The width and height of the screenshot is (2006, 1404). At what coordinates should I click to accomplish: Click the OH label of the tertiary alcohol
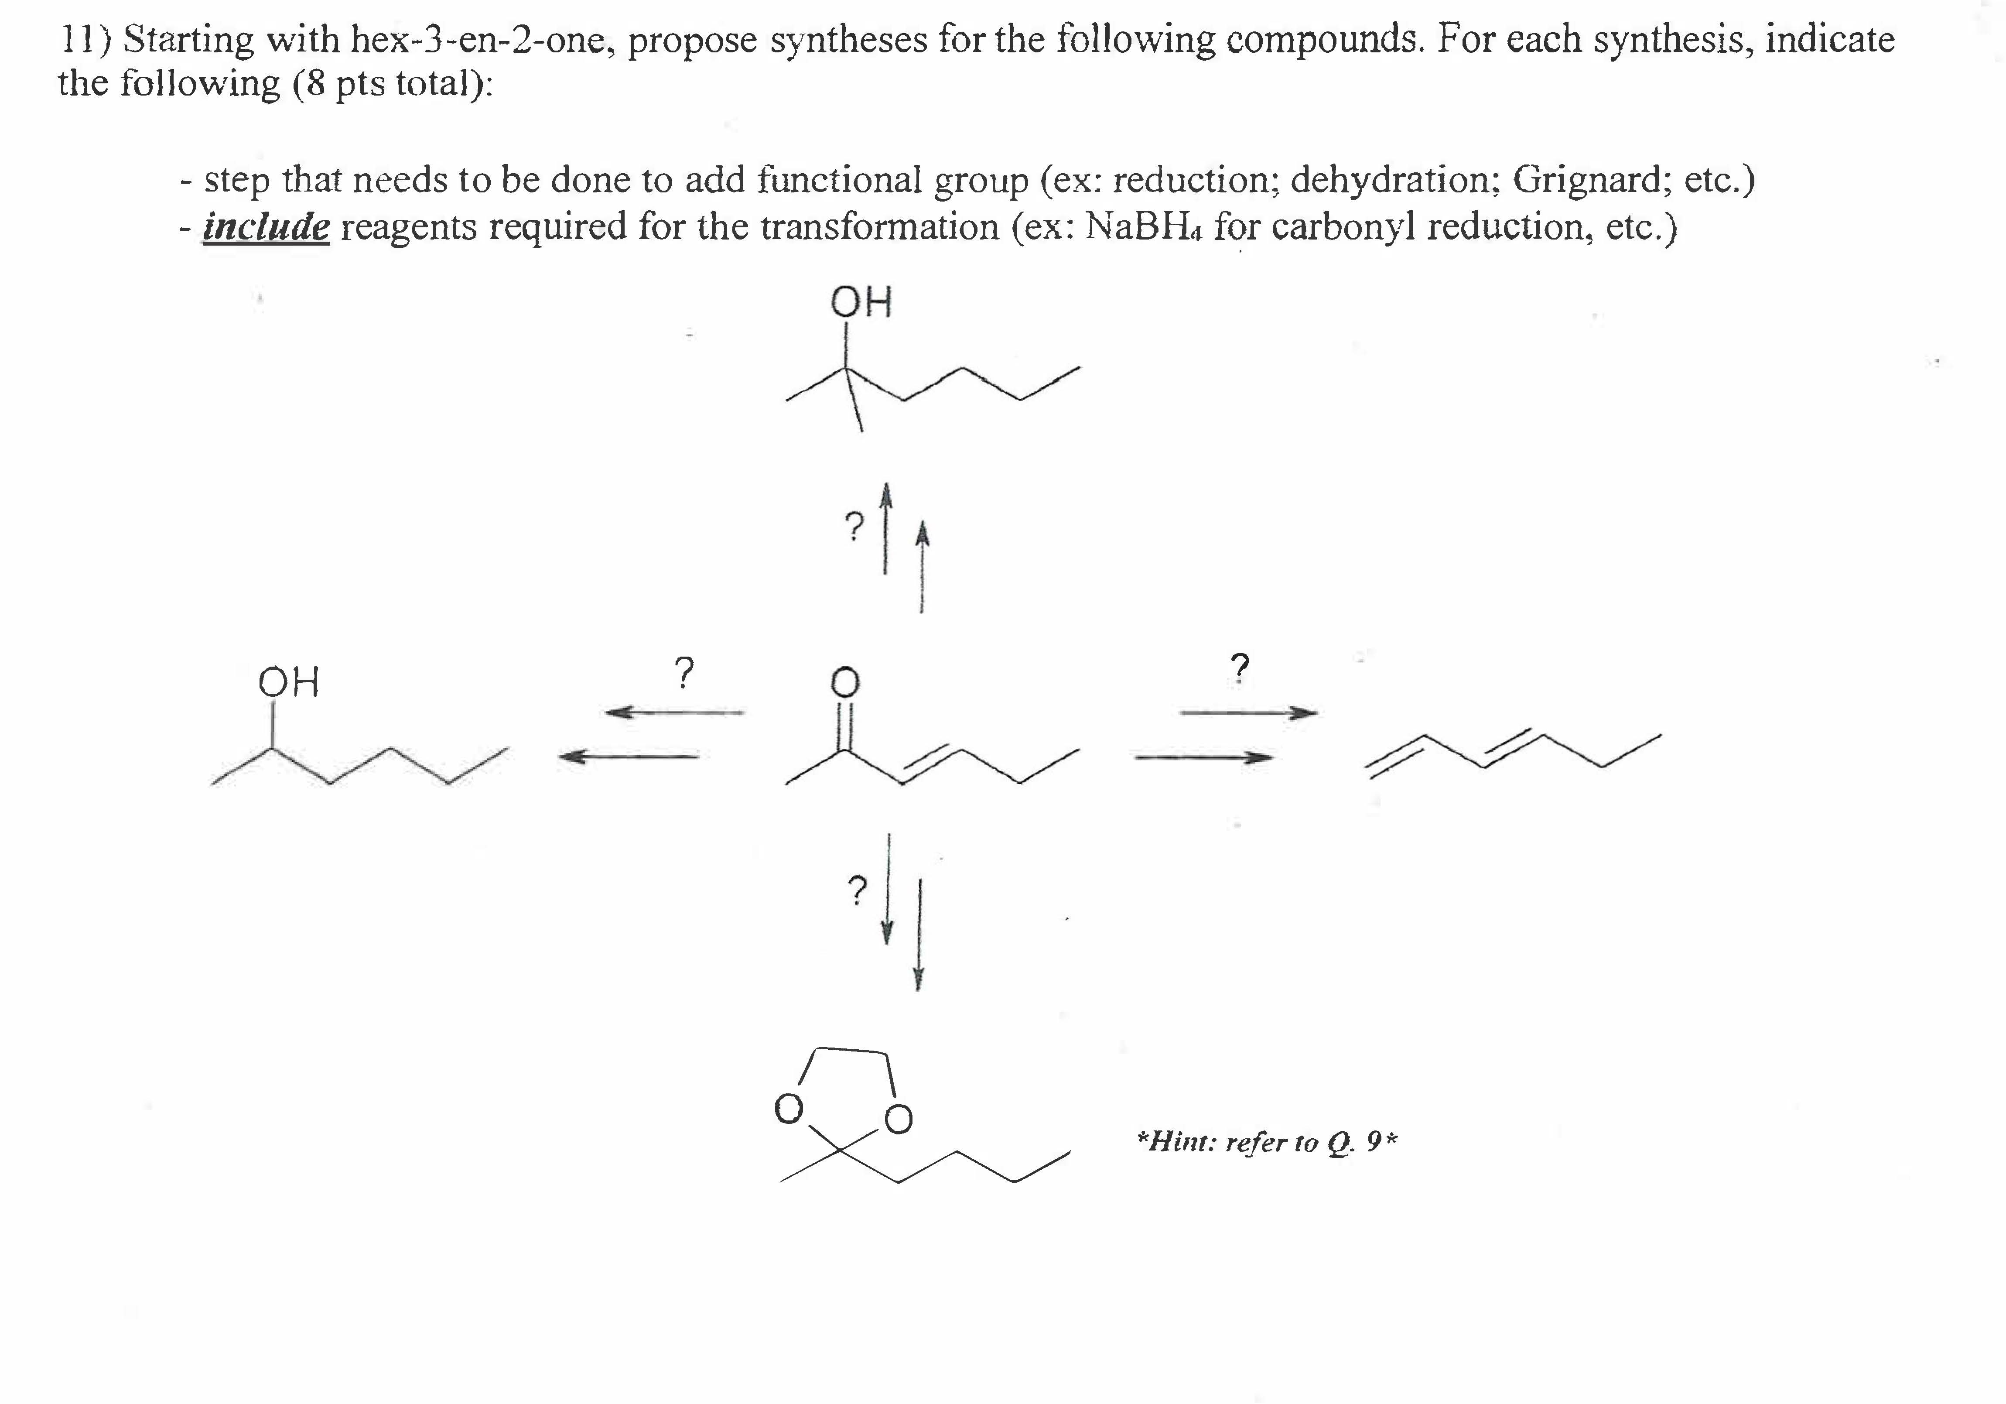click(x=861, y=302)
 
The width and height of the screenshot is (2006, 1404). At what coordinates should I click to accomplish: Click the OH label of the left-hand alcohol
click(x=289, y=681)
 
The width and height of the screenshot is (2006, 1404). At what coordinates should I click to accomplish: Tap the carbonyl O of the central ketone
click(x=844, y=682)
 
